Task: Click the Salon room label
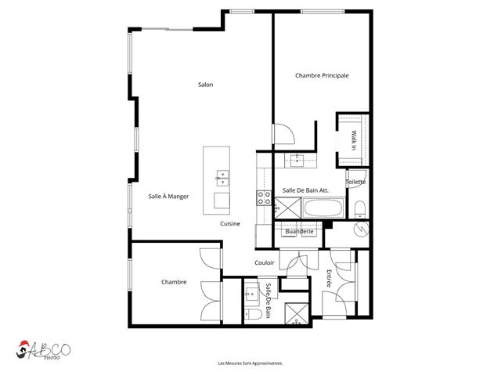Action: click(205, 85)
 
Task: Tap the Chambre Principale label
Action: click(322, 75)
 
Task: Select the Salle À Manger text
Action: click(168, 197)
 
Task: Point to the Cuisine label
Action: click(230, 224)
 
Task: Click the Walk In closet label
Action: click(354, 140)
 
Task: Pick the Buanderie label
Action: click(299, 231)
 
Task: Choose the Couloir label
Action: click(265, 263)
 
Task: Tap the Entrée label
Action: click(329, 279)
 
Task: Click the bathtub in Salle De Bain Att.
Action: click(323, 208)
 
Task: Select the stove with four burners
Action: click(264, 197)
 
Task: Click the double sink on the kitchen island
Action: click(222, 178)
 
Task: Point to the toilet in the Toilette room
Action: click(360, 210)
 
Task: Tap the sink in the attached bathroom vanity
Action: click(297, 161)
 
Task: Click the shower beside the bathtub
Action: click(288, 208)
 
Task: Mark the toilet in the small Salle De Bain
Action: click(253, 314)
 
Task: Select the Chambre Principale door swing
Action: click(283, 134)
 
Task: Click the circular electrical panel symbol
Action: click(362, 229)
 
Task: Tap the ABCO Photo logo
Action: click(43, 350)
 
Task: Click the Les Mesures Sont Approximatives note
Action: click(250, 363)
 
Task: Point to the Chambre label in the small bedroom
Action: click(174, 282)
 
